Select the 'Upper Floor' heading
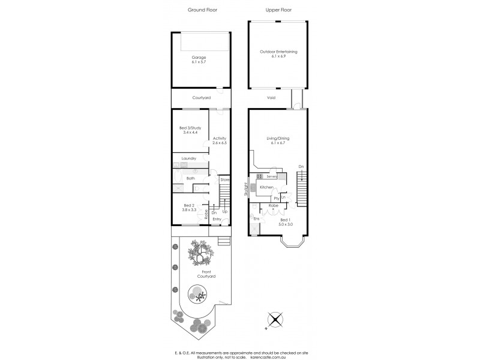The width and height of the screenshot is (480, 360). point(278,10)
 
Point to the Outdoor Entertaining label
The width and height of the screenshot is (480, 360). point(278,52)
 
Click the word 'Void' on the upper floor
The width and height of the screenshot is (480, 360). point(271,97)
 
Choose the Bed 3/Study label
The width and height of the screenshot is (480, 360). point(190,128)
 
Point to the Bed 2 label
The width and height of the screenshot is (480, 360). point(190,206)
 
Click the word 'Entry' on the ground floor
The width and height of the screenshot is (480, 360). point(217,220)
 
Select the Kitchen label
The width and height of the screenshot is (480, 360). point(267,188)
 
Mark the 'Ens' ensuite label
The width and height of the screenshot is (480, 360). point(256,218)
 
